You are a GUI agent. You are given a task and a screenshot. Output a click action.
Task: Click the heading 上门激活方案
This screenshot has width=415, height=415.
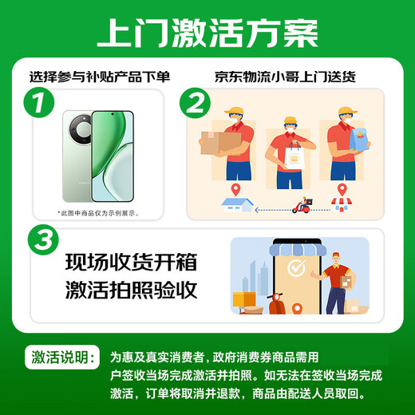pos(207,33)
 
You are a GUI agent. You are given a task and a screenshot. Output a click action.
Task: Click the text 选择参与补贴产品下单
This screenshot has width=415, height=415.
pos(100,77)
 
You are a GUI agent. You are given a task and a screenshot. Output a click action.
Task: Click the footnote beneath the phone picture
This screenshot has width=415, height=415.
pos(97,212)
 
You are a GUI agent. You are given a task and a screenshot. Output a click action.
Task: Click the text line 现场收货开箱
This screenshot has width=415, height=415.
pos(131,262)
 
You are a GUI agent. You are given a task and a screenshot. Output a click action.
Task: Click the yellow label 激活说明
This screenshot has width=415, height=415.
pos(65,356)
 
